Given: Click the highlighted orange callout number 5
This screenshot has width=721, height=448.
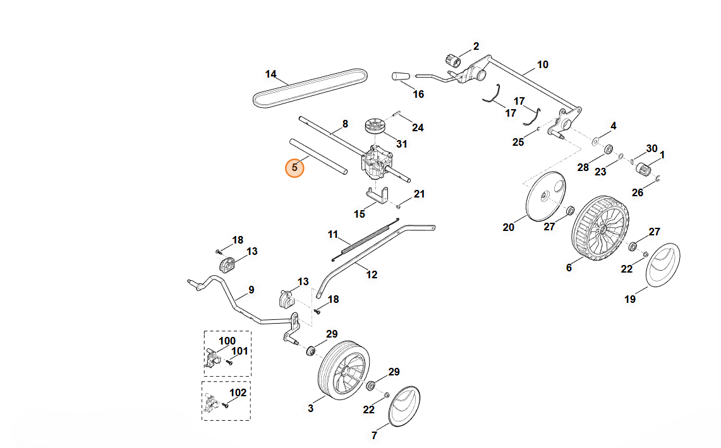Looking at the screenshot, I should [x=294, y=168].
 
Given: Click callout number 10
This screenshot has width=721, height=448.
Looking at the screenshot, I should [x=543, y=64].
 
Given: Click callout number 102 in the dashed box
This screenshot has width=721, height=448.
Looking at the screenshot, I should [x=237, y=392].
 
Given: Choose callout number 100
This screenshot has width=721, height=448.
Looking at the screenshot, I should [x=227, y=341].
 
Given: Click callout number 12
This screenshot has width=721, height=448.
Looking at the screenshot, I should [x=372, y=274].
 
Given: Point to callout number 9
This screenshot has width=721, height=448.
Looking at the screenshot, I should [x=251, y=290].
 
